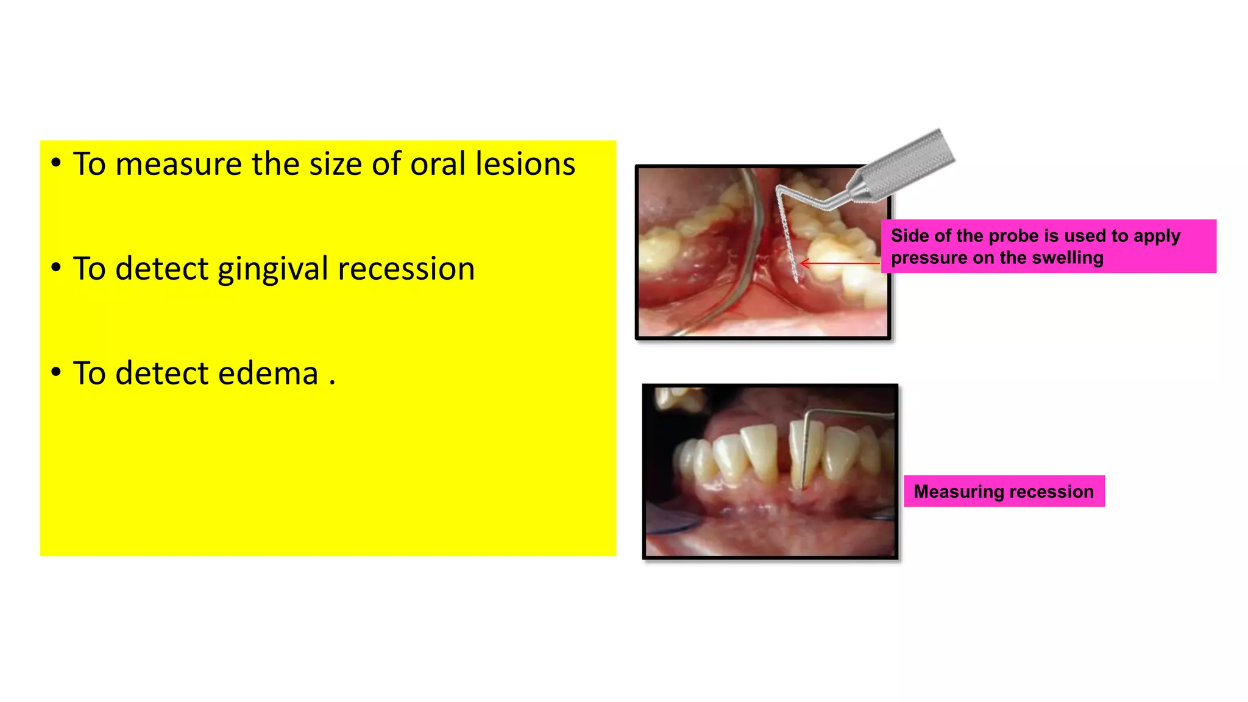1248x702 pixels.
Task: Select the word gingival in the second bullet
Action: tap(272, 269)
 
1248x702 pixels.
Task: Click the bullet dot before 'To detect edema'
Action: tap(56, 372)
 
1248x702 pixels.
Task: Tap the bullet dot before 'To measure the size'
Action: tap(56, 163)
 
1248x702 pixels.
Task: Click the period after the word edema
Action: tap(332, 383)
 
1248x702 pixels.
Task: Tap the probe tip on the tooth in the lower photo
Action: tap(802, 486)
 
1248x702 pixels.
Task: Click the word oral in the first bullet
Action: tap(438, 165)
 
